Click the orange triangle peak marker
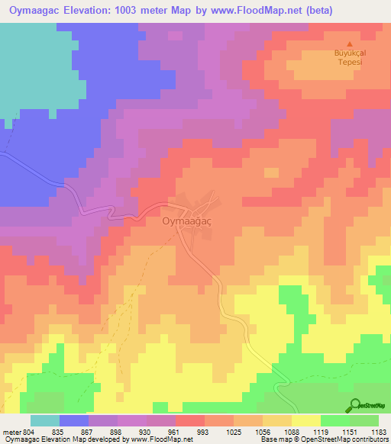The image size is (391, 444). [350, 43]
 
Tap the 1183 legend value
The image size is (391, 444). [378, 432]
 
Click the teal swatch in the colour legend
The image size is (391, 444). [44, 420]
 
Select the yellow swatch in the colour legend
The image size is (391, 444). [305, 420]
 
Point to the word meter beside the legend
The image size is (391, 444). [11, 432]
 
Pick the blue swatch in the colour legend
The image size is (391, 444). [73, 420]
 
